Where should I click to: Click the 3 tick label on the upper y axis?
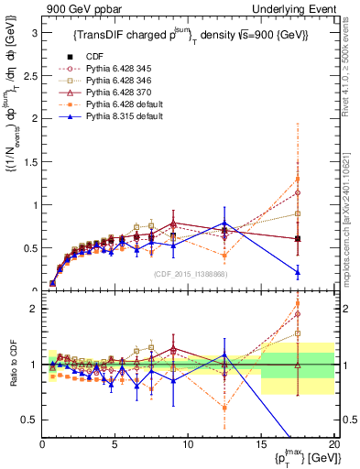(x=34, y=32)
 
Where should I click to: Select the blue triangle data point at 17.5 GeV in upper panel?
(x=298, y=271)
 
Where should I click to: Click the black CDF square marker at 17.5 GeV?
(x=298, y=239)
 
